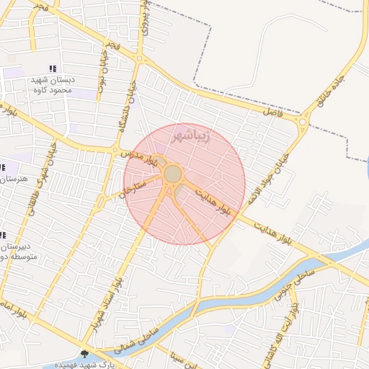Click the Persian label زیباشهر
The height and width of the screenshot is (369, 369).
pos(193,135)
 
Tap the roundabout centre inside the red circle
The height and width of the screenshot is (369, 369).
pos(173,174)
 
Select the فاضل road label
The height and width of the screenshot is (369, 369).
pos(273,112)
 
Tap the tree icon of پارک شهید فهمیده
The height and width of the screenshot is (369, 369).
pos(86,354)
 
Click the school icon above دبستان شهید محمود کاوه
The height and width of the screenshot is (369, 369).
pos(53,68)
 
